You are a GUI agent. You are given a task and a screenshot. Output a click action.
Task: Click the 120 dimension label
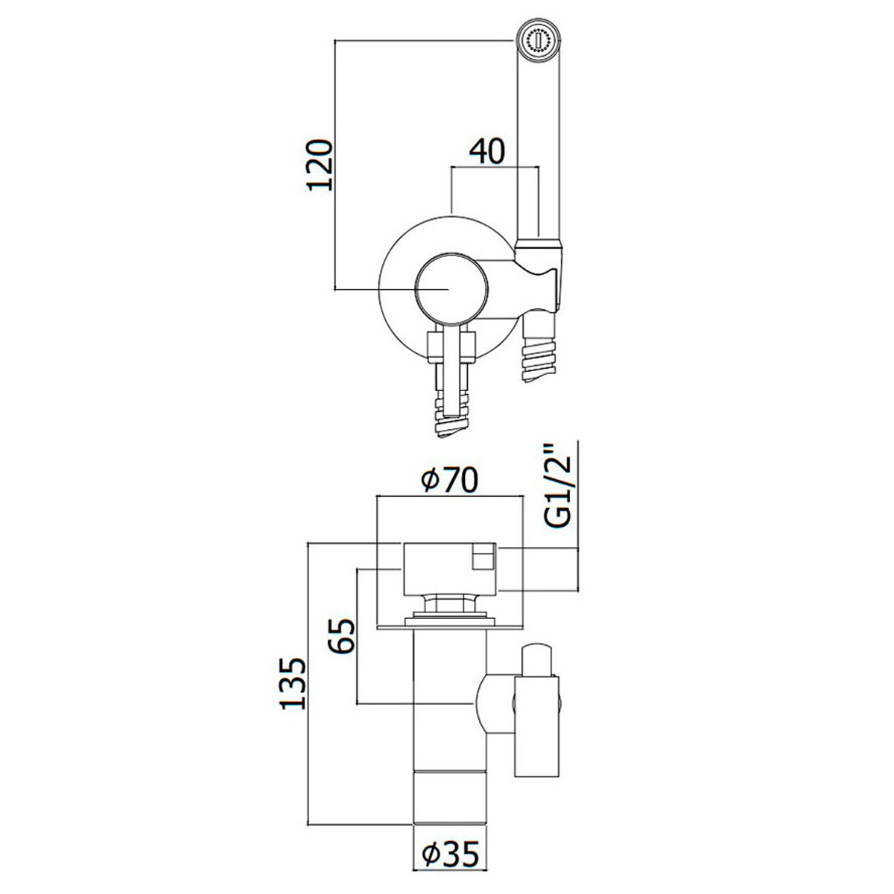coord(320,165)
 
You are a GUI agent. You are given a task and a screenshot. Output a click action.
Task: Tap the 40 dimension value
coord(486,151)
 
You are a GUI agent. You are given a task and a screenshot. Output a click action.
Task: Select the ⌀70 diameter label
coord(449,480)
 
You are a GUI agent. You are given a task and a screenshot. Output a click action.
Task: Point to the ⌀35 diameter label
coord(450,827)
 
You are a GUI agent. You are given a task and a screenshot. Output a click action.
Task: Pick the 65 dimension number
coord(341,636)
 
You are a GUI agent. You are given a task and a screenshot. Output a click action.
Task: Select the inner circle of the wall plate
coord(451,288)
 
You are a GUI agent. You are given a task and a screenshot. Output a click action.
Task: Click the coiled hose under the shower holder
coord(539,356)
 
